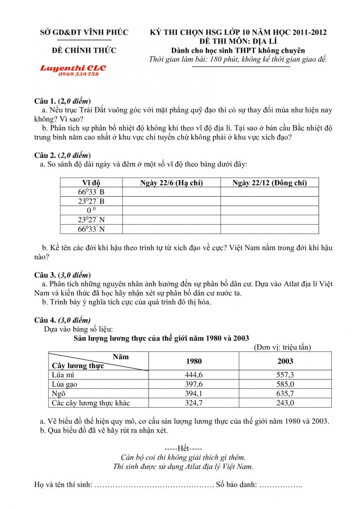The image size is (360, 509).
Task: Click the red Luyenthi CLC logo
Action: tap(73, 68)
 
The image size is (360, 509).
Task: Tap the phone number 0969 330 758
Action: tap(78, 74)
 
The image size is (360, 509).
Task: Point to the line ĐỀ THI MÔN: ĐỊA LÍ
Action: tap(238, 41)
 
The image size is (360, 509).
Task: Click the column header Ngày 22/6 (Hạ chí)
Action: tap(171, 183)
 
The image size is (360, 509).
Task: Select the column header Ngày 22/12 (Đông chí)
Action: tap(269, 183)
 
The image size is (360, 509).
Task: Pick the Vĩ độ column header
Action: tap(91, 183)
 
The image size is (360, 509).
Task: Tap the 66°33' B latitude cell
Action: tap(91, 192)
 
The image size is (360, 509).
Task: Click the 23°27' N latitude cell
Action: tap(91, 220)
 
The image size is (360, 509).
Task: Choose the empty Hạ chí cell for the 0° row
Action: tap(171, 211)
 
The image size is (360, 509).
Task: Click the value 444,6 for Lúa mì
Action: tap(193, 374)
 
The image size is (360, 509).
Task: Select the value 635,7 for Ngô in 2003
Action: tap(285, 393)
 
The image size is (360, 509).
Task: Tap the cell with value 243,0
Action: tap(285, 403)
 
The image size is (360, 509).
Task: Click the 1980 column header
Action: tap(193, 361)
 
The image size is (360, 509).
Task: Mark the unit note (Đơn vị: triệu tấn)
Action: tap(282, 347)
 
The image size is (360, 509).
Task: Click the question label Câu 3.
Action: tap(45, 275)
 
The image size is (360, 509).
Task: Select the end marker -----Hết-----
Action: tap(183, 448)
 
